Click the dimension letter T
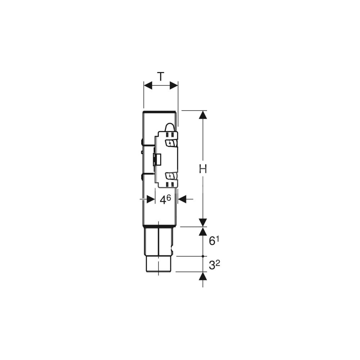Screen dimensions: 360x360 click(161, 76)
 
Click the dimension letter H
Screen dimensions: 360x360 click(203, 169)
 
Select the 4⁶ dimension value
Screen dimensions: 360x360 click(165, 199)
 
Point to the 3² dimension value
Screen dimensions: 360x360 click(214, 265)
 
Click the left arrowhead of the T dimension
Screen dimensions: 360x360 click(148, 85)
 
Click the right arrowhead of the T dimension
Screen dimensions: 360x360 click(174, 85)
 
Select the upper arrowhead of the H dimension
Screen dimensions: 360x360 click(203, 115)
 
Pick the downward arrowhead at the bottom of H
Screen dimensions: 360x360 click(203, 223)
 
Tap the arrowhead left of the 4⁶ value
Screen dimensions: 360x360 click(150, 199)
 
